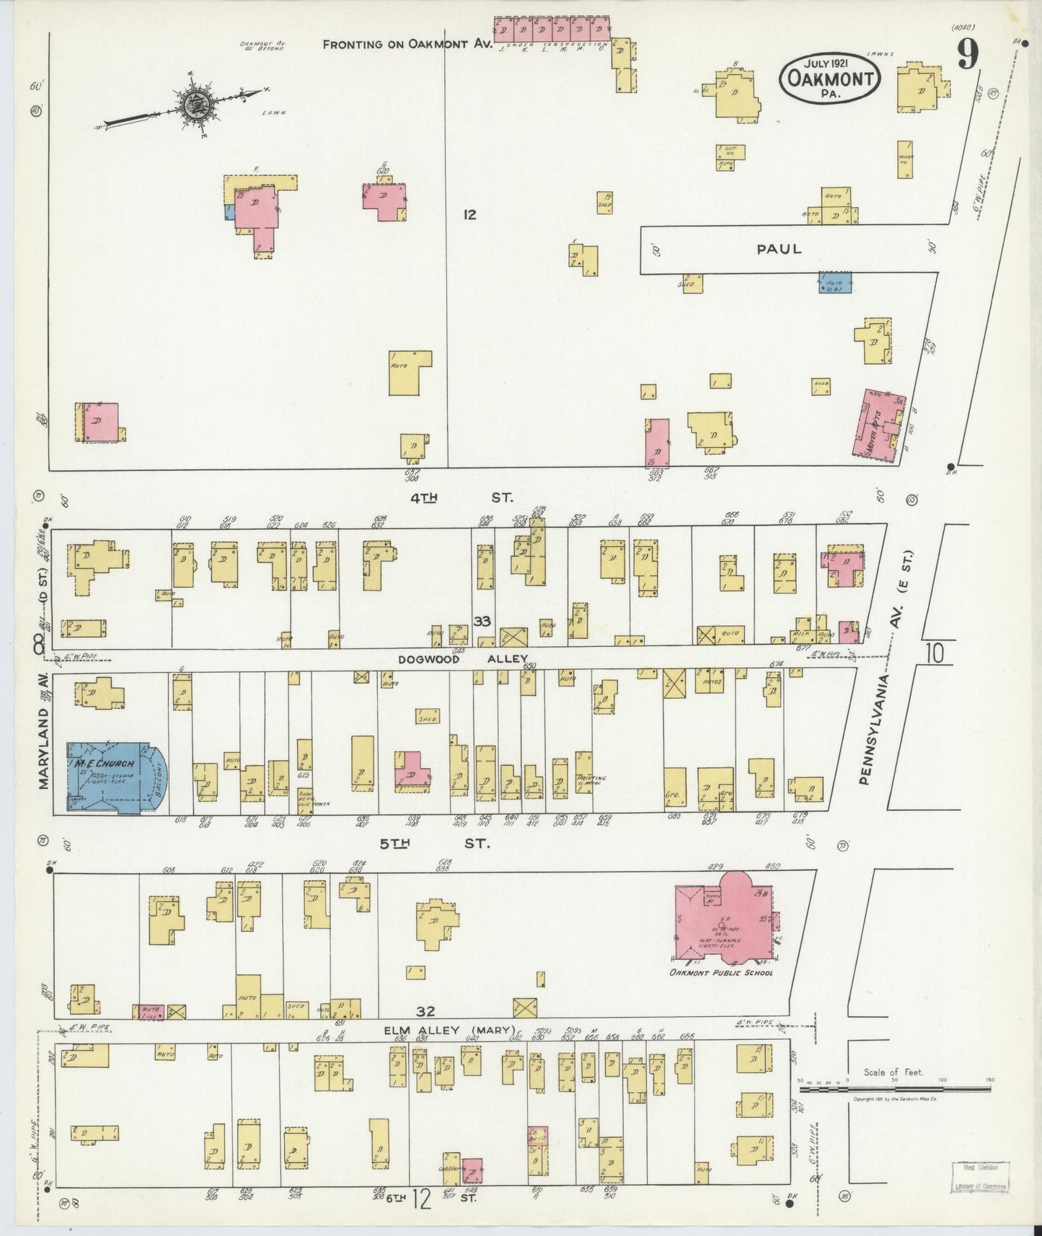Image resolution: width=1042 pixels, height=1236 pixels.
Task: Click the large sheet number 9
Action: click(968, 55)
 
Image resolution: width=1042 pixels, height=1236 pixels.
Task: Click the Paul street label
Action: click(779, 249)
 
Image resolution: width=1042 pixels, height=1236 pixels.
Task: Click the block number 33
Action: click(482, 621)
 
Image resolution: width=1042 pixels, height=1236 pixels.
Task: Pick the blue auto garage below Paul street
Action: click(835, 282)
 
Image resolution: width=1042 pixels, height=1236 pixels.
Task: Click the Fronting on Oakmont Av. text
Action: click(407, 44)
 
